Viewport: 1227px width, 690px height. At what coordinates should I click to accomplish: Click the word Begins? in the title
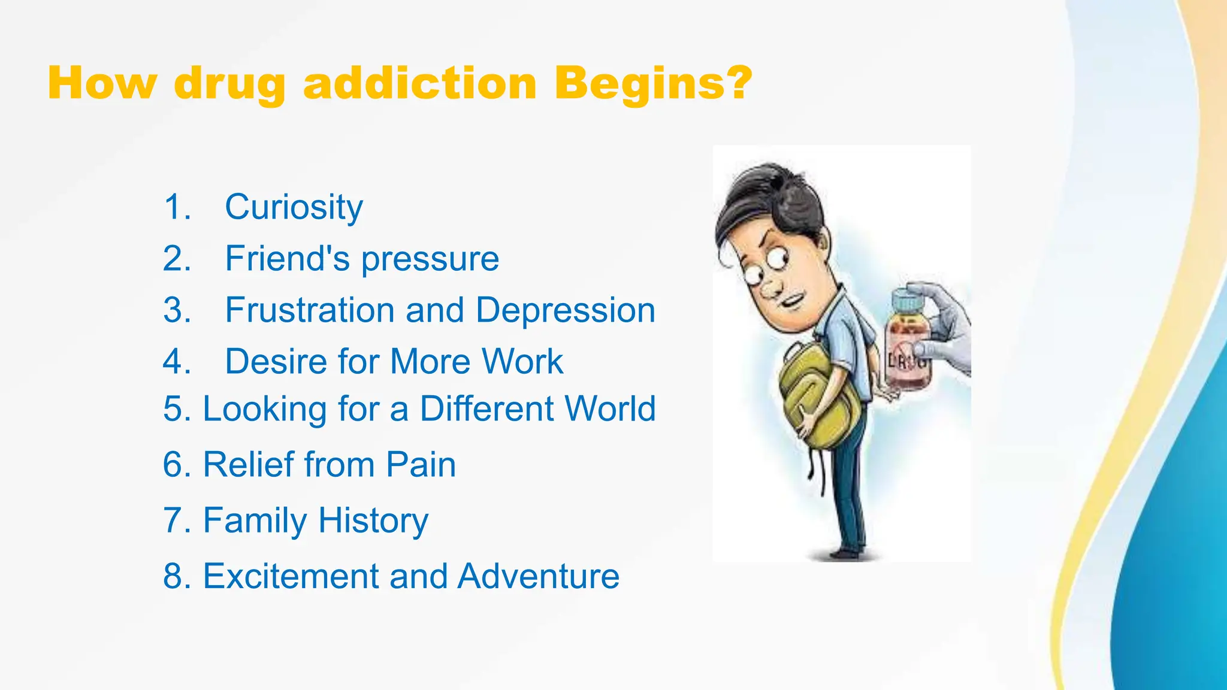pyautogui.click(x=652, y=84)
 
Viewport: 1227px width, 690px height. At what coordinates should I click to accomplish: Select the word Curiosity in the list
pyautogui.click(x=294, y=207)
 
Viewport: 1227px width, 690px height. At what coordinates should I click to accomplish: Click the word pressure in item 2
pyautogui.click(x=430, y=259)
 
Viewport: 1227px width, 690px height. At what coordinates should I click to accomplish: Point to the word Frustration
pyautogui.click(x=310, y=310)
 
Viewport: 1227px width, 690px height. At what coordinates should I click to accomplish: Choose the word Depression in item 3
pyautogui.click(x=565, y=310)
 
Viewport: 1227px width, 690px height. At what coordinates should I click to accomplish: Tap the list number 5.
pyautogui.click(x=176, y=409)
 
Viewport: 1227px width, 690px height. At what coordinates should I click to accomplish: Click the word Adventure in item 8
pyautogui.click(x=538, y=576)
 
